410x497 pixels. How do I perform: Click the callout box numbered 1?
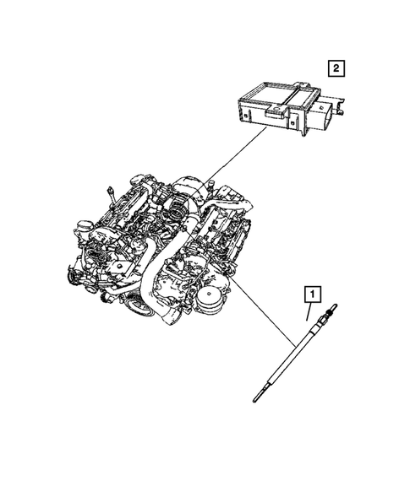coord(312,294)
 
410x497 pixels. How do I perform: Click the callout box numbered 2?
coord(336,68)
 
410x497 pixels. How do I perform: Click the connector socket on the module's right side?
coord(325,114)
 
